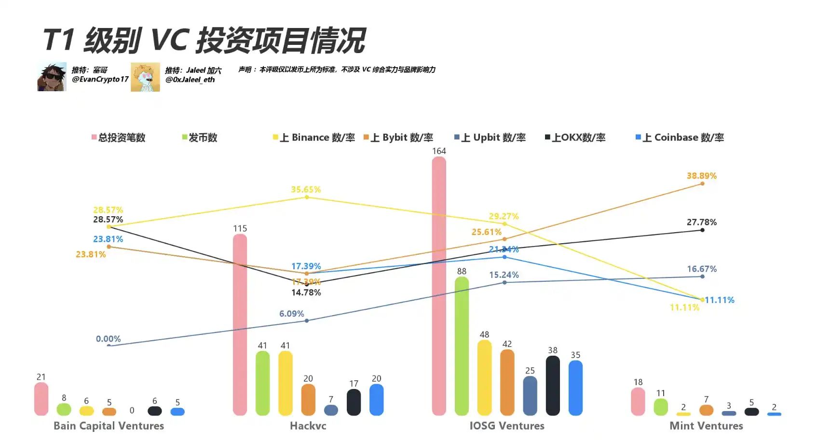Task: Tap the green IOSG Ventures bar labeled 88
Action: (462, 346)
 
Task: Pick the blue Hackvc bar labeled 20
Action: (376, 400)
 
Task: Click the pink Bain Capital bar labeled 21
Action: (41, 399)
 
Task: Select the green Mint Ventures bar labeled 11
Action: (661, 407)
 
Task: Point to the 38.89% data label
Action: (701, 176)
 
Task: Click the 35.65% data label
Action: (306, 189)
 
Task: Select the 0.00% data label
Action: (108, 339)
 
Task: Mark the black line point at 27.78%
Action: (702, 230)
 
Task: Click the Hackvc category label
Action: (308, 426)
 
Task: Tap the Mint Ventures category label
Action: (706, 426)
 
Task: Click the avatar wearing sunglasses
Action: (52, 77)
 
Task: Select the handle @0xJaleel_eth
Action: (190, 80)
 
